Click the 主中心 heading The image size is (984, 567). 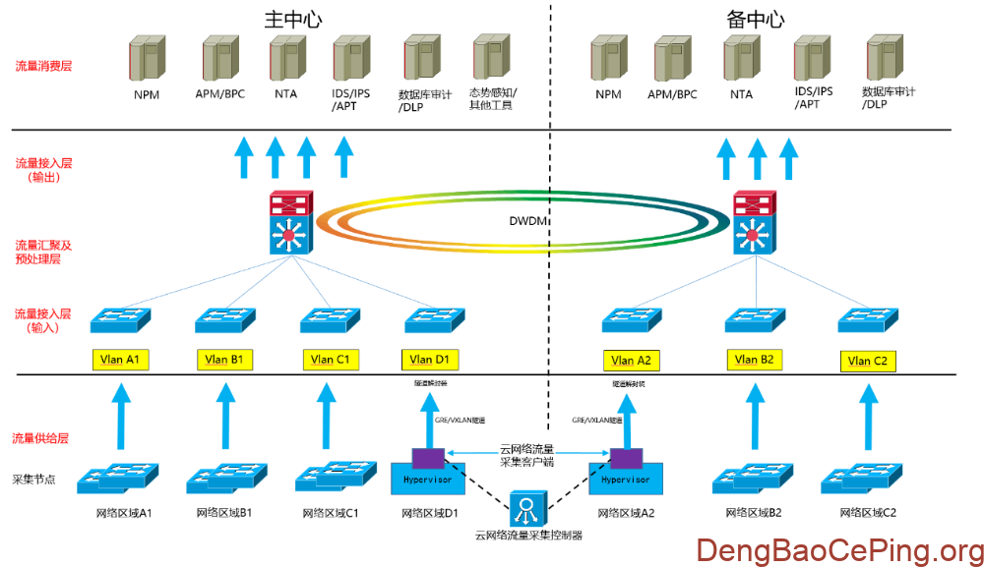[294, 20]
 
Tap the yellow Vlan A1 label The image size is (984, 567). [120, 360]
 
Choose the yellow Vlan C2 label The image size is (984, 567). [868, 361]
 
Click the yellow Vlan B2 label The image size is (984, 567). [755, 360]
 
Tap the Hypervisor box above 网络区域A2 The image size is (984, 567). [625, 479]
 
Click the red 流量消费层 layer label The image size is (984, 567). [43, 67]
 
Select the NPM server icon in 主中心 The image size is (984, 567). [146, 60]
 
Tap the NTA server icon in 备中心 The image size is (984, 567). [741, 60]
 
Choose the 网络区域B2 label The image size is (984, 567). [754, 513]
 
